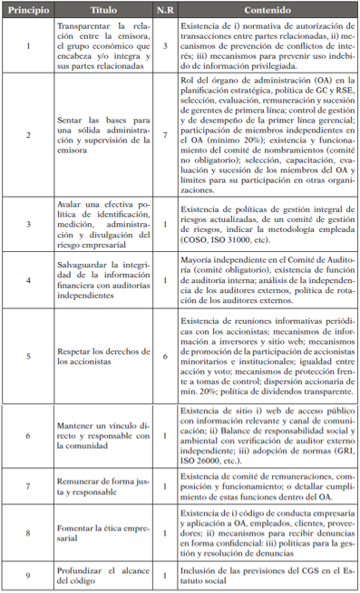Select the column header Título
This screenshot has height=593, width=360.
click(x=97, y=10)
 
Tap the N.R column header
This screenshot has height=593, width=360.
click(x=164, y=10)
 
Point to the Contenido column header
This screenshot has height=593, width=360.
click(x=267, y=10)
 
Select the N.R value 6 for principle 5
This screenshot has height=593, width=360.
click(x=164, y=332)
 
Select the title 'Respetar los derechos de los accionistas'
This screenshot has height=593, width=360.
click(x=97, y=332)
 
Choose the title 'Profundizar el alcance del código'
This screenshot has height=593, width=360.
click(x=97, y=573)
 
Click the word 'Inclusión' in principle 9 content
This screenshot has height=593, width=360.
click(x=207, y=568)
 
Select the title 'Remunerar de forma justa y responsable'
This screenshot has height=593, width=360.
click(x=97, y=485)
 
